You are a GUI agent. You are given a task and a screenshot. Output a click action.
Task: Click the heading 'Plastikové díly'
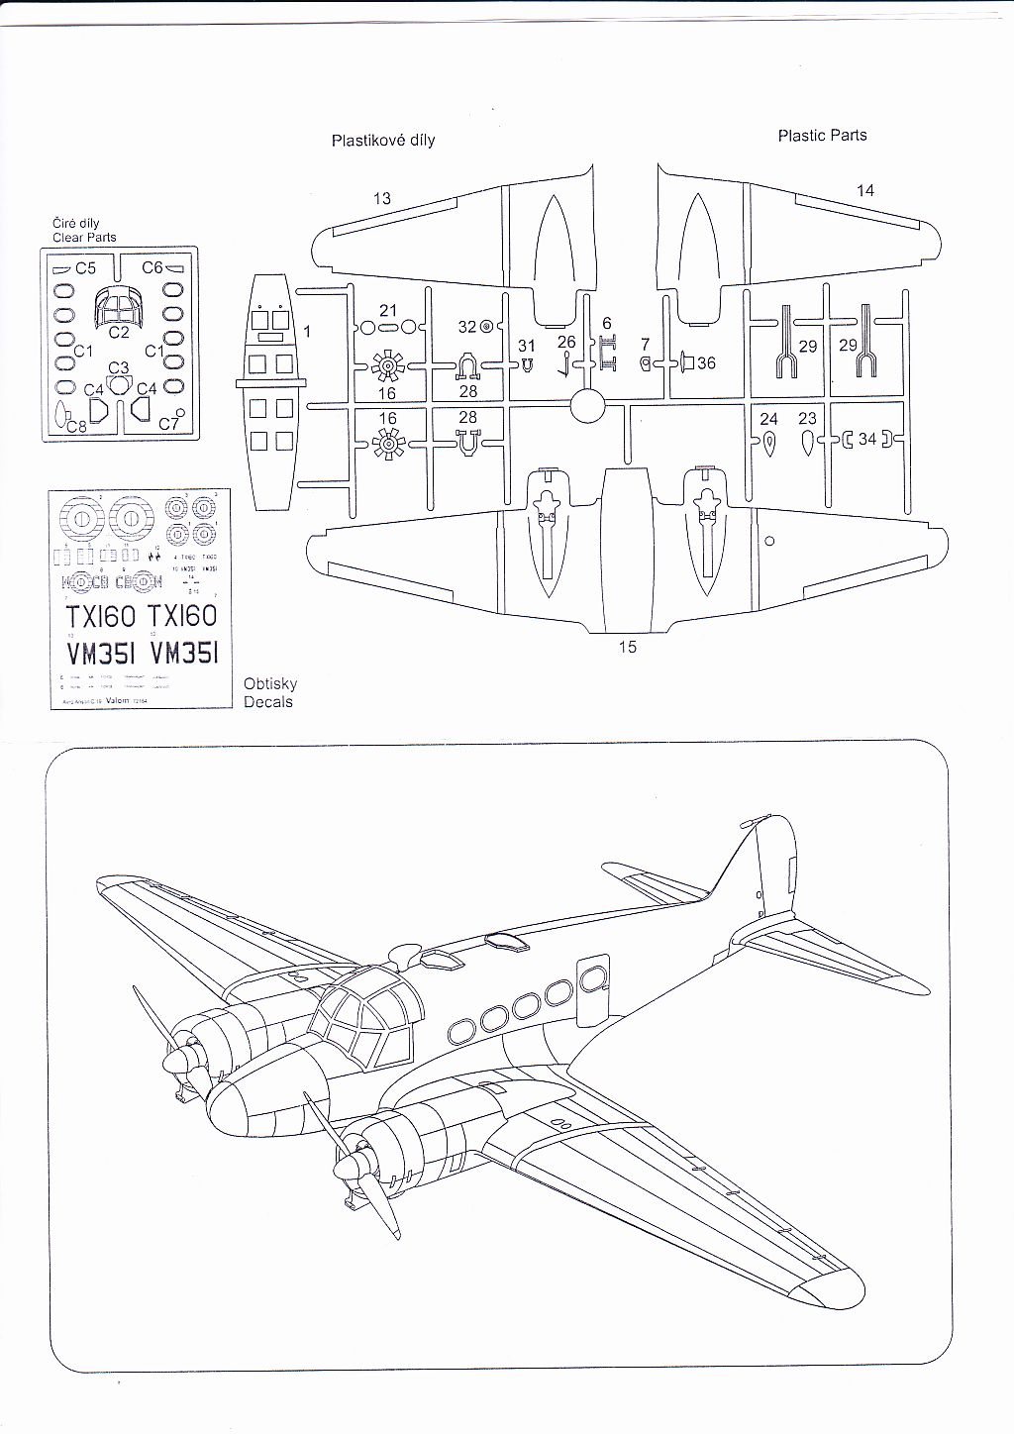[x=382, y=141]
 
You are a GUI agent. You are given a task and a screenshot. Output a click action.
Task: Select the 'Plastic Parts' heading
[x=822, y=136]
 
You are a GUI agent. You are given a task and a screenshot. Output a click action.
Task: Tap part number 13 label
[x=381, y=198]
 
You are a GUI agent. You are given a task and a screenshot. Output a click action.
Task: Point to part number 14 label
[x=865, y=190]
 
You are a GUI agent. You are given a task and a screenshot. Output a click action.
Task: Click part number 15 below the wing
[x=627, y=647]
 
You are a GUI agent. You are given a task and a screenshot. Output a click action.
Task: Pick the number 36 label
[x=706, y=363]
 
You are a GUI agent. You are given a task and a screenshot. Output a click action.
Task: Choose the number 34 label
[x=867, y=439]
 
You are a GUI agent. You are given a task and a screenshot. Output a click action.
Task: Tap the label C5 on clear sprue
[x=85, y=267]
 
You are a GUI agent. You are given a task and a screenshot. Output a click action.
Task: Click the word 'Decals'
[x=268, y=702]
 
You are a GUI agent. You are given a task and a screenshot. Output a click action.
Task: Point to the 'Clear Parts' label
[x=84, y=237]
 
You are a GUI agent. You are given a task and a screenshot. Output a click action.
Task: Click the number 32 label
[x=467, y=327]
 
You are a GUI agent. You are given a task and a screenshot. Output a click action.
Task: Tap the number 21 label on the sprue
[x=388, y=311]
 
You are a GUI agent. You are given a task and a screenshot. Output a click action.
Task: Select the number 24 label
[x=769, y=419]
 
